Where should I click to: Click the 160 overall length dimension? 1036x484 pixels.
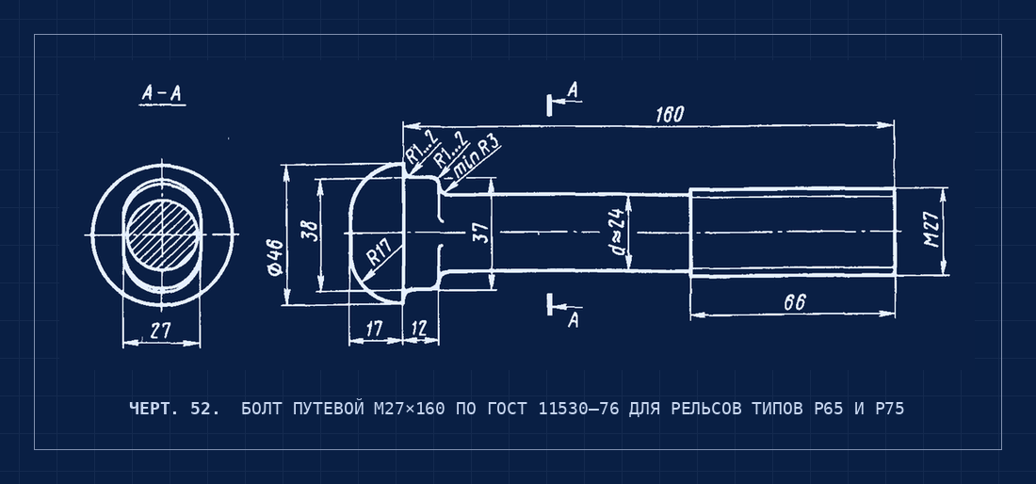coord(670,114)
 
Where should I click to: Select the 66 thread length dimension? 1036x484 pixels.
coord(795,302)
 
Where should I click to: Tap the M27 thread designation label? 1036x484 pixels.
coord(931,229)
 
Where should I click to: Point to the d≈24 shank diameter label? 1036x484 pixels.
coord(618,232)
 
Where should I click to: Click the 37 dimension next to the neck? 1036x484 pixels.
coord(483,233)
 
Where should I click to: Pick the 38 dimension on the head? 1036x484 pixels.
coord(311,231)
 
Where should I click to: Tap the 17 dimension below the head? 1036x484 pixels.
coord(374,329)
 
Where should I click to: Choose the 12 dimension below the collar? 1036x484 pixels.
coord(419,329)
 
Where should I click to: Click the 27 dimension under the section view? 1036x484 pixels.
coord(160,331)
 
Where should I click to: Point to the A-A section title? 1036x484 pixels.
coord(162,94)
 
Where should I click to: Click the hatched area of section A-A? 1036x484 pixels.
coord(163,234)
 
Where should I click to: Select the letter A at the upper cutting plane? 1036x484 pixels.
coord(574,90)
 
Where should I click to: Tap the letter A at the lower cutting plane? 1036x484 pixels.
coord(574,320)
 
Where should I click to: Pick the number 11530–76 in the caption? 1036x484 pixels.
coord(579,409)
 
